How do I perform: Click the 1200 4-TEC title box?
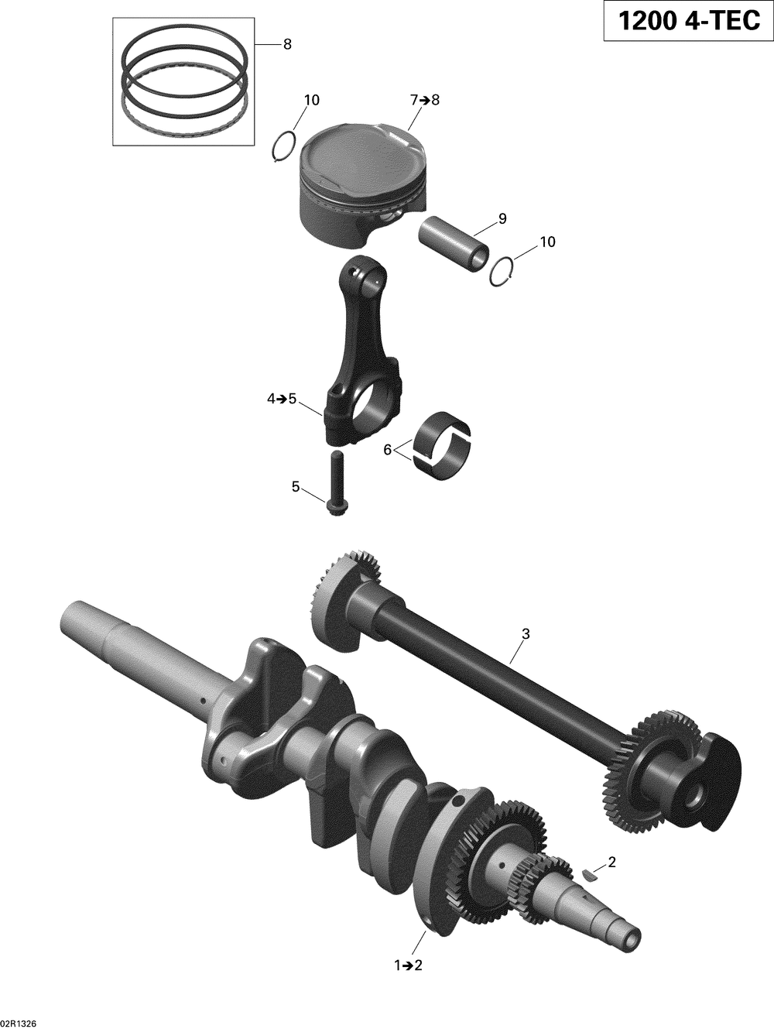coord(688,21)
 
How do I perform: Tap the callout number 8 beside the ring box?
coord(287,45)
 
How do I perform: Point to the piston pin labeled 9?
coord(454,244)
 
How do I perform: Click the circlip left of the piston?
coord(284,146)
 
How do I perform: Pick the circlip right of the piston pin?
coord(502,272)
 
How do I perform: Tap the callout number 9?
coord(502,219)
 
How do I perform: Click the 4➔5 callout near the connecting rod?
coord(282,386)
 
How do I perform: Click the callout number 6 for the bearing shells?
coord(387,450)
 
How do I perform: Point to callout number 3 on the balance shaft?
coord(526,634)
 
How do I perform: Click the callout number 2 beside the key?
coord(611,861)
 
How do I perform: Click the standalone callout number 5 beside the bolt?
coord(295,487)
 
